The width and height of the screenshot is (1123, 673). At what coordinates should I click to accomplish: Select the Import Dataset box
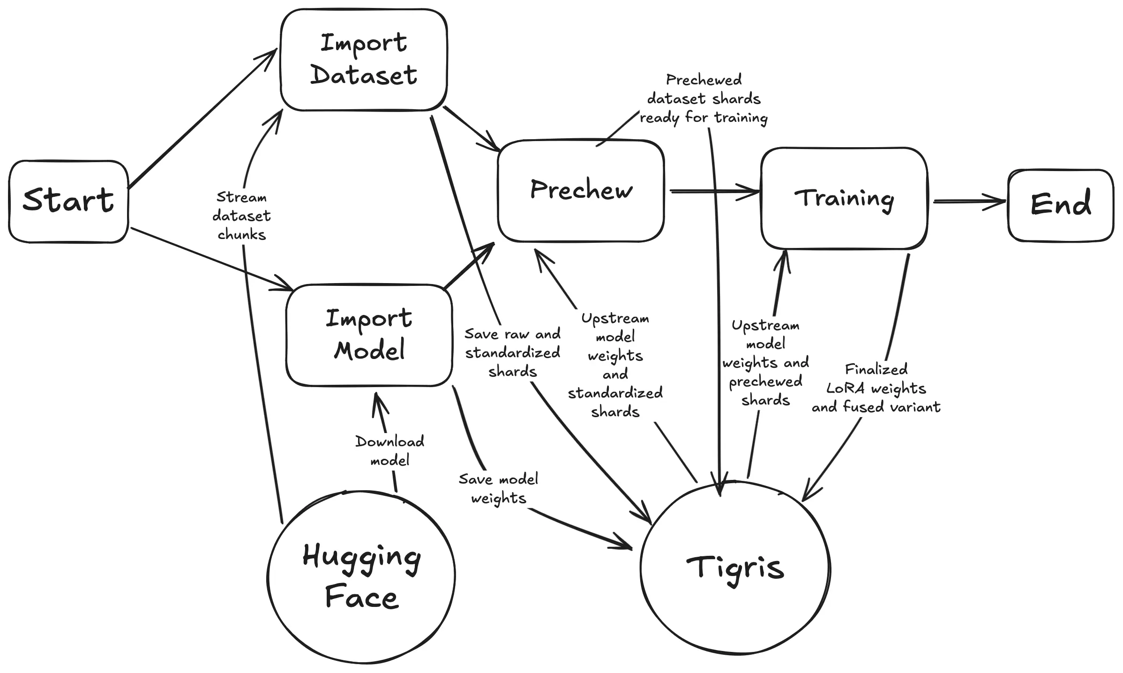pyautogui.click(x=364, y=60)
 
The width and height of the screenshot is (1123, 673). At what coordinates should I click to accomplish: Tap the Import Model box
pyautogui.click(x=369, y=335)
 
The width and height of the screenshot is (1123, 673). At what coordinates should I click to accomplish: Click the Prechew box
pyautogui.click(x=581, y=190)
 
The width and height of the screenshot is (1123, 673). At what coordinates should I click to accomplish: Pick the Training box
pyautogui.click(x=844, y=198)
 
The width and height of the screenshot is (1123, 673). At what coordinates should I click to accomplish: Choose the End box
pyautogui.click(x=1060, y=205)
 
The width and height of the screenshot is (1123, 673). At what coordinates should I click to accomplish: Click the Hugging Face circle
pyautogui.click(x=361, y=576)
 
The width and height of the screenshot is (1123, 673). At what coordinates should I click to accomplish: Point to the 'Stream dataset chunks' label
pyautogui.click(x=241, y=216)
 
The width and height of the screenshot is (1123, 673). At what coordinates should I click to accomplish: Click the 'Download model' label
pyautogui.click(x=389, y=451)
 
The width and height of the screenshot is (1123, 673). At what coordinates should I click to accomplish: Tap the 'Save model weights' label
pyautogui.click(x=498, y=489)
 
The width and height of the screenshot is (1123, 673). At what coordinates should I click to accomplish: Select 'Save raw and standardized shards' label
pyautogui.click(x=512, y=353)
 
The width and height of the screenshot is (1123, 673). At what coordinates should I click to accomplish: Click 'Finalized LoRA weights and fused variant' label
pyautogui.click(x=876, y=388)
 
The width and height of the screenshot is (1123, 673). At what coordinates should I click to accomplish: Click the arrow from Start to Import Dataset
pyautogui.click(x=202, y=120)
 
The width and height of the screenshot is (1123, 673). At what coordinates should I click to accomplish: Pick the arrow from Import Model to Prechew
pyautogui.click(x=469, y=265)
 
